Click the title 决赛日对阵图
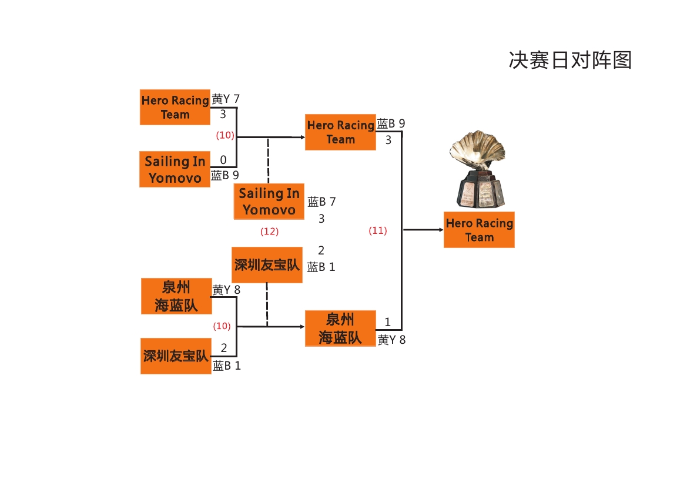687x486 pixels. coord(569,60)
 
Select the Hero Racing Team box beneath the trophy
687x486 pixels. coord(479,230)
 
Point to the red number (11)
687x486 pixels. coord(378,230)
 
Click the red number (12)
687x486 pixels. coord(269,232)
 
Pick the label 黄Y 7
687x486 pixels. coord(226,99)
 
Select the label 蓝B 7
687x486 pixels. coord(322,202)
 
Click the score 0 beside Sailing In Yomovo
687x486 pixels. coord(223,160)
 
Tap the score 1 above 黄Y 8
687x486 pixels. coord(388,322)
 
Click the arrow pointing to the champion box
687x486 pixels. coord(423,230)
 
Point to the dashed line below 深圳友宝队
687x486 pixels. coord(267,304)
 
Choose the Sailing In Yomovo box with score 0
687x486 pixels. coord(175,169)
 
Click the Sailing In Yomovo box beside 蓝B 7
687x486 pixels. coord(269,202)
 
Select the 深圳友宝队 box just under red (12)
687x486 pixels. coord(267,265)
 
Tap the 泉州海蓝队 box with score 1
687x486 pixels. coord(340,329)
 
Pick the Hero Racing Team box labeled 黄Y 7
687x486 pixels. coord(175,107)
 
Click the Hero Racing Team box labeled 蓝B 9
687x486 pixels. coord(340,132)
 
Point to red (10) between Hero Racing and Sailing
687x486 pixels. coord(224,135)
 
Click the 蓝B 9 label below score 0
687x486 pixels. coord(225,175)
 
